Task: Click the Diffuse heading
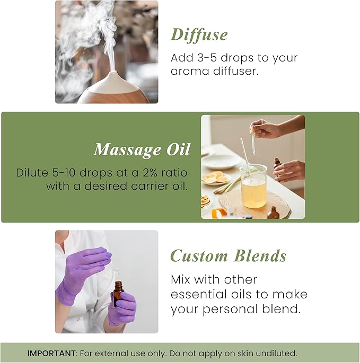(x=199, y=35)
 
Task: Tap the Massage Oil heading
(x=142, y=150)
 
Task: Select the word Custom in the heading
(x=199, y=256)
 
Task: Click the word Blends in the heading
(x=259, y=256)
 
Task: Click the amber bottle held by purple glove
(x=118, y=294)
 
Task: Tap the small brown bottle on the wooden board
(x=273, y=214)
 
